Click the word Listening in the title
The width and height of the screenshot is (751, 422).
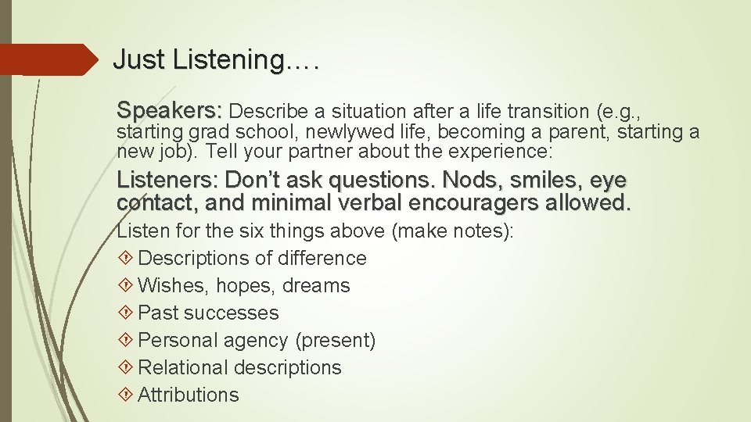221,60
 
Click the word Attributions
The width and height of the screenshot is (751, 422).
189,395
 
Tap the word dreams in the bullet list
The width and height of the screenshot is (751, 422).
316,285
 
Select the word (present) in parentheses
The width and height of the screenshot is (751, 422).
336,340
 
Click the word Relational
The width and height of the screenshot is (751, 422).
183,367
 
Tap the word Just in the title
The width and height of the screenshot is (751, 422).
138,59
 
